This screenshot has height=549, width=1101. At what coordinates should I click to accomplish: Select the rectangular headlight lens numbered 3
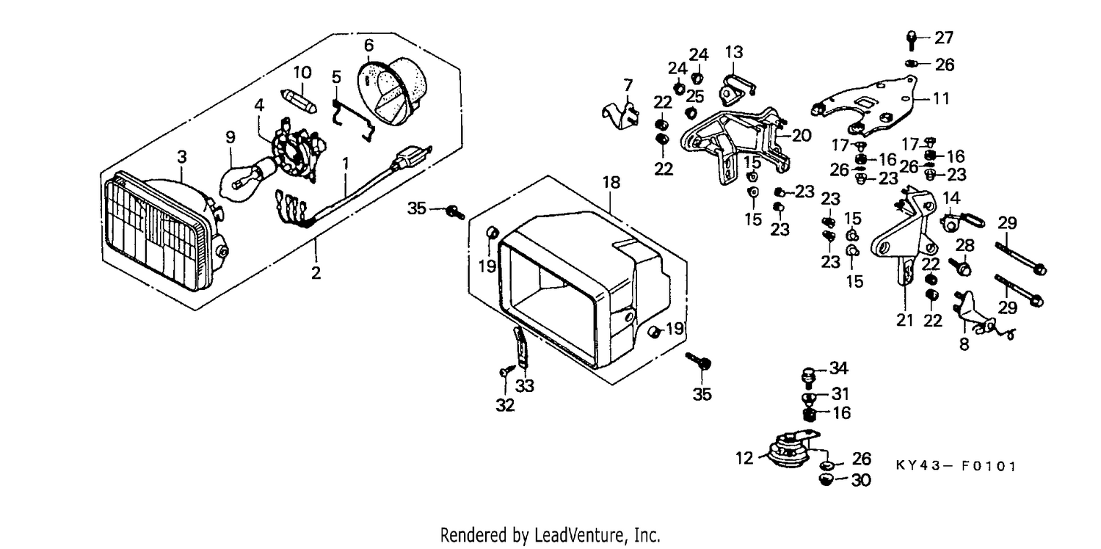click(164, 231)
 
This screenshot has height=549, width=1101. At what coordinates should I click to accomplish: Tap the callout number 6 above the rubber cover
click(368, 46)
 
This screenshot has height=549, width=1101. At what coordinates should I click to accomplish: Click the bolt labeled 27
click(911, 40)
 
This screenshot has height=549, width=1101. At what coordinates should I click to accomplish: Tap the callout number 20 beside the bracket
click(802, 135)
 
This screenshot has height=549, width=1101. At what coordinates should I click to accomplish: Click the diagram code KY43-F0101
click(956, 465)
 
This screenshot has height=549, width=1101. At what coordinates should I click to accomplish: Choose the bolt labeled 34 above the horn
click(808, 377)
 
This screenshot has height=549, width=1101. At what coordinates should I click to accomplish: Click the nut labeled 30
click(826, 480)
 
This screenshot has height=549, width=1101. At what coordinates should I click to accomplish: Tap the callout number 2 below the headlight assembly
click(316, 272)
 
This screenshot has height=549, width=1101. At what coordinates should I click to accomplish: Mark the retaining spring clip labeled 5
click(352, 120)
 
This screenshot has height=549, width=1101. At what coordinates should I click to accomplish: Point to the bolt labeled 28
click(960, 267)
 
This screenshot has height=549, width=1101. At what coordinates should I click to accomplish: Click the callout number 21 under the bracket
click(904, 320)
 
